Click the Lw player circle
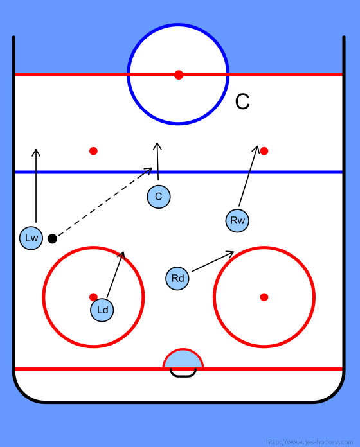click(31, 238)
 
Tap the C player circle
click(159, 197)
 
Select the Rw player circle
click(237, 220)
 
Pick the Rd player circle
click(177, 278)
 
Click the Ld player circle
click(102, 310)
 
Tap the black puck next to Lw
click(52, 239)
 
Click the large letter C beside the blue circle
click(242, 101)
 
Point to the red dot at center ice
click(179, 74)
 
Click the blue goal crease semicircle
click(183, 359)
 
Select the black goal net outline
click(183, 376)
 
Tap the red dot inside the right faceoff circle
click(264, 297)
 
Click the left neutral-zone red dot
click(93, 151)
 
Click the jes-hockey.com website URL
click(309, 442)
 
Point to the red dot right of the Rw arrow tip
click(264, 151)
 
